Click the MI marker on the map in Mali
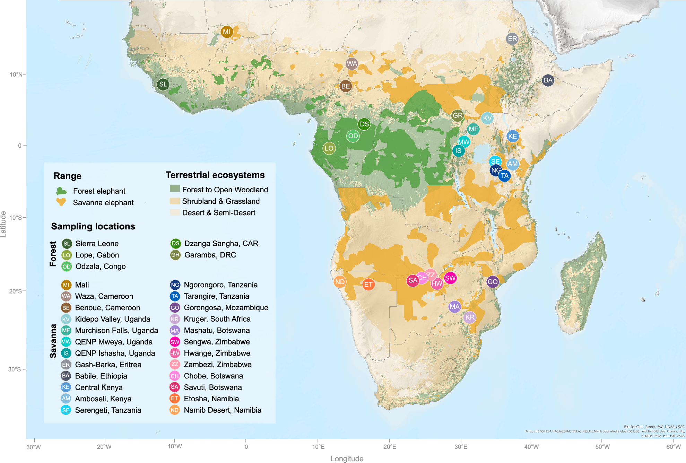226,32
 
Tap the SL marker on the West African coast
163,84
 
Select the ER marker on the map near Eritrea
512,39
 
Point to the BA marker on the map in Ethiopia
548,80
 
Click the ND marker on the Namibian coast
340,282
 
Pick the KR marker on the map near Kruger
470,317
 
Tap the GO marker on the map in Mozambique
492,282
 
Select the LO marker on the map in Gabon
329,148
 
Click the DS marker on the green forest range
364,124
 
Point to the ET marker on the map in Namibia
368,285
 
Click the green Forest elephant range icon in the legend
61,191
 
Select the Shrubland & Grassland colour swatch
175,201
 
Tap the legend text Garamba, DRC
210,255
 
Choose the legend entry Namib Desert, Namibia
223,410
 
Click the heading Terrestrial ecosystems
215,175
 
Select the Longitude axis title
347,458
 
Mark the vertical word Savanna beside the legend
53,341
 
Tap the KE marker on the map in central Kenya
512,136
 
